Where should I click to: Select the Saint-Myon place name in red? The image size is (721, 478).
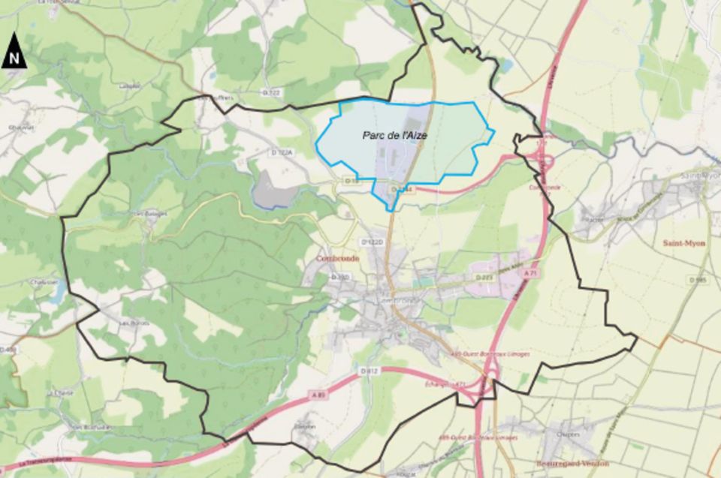(x=683, y=243)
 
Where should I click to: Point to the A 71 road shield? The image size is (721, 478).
(x=532, y=275)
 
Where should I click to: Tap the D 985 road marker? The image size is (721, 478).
(x=698, y=279)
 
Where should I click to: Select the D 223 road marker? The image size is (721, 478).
(x=484, y=277)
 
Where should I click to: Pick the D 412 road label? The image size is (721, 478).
(x=368, y=371)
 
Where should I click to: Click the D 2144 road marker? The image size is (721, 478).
(x=403, y=190)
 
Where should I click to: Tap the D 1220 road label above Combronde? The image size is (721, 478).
(x=372, y=242)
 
